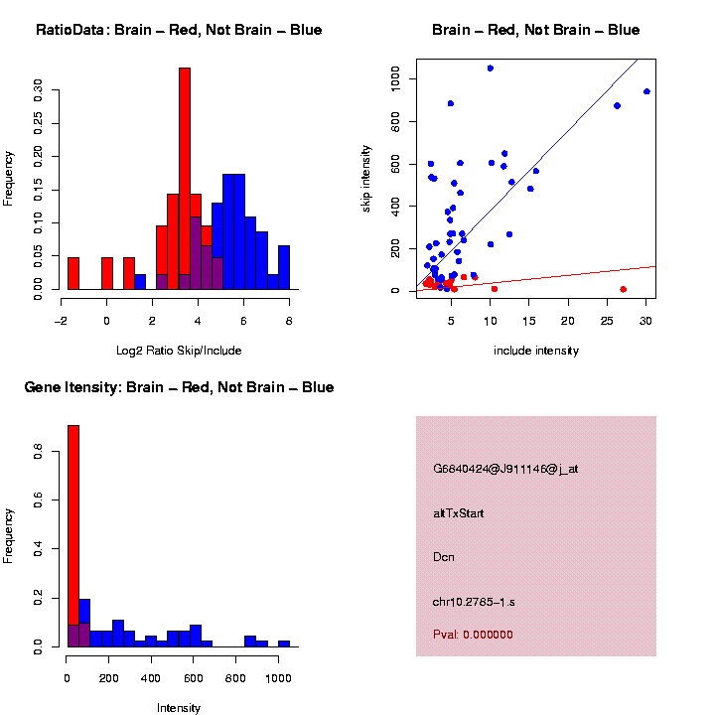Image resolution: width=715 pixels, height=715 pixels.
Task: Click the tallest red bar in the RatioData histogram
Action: [184, 179]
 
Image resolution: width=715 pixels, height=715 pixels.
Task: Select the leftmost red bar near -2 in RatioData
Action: [73, 273]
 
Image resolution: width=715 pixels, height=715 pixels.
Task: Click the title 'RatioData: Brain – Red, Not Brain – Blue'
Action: [179, 30]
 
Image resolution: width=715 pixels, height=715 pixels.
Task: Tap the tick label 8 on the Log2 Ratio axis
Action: [289, 321]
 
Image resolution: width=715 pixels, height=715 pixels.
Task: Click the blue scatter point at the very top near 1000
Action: [491, 69]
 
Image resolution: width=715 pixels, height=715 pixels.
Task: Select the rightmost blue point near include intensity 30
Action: [646, 91]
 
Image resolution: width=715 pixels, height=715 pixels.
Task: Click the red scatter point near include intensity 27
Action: [623, 289]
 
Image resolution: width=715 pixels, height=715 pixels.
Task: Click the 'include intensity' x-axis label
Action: [536, 350]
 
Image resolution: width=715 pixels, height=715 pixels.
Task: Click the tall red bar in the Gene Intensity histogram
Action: [73, 516]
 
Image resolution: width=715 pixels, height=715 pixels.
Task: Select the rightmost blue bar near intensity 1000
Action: [284, 643]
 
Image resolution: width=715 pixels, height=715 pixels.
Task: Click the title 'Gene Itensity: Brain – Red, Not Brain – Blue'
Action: [179, 387]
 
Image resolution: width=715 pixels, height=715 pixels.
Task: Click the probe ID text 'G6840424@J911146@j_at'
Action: [505, 469]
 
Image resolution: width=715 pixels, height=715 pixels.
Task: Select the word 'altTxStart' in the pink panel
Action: [459, 513]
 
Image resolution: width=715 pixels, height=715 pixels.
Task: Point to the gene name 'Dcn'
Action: [444, 557]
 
